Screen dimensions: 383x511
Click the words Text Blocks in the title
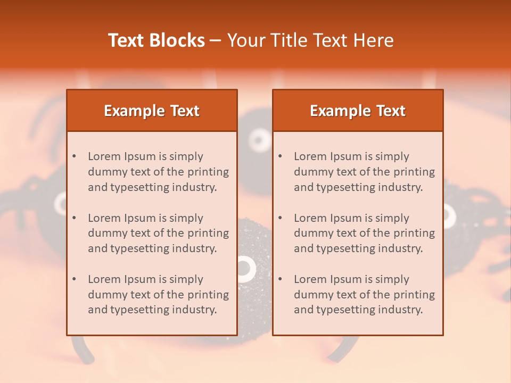[x=156, y=40]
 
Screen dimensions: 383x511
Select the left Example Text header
[x=152, y=111]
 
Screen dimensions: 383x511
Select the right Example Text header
[x=358, y=111]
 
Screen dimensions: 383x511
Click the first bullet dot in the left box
[x=75, y=156]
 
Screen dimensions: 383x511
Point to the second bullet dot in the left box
[x=75, y=218]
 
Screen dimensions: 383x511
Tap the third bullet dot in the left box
[x=75, y=279]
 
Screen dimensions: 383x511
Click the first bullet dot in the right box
[x=281, y=156]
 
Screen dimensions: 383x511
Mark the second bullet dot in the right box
[x=281, y=218]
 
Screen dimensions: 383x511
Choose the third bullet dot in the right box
[x=281, y=279]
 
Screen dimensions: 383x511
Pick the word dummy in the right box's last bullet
[x=311, y=295]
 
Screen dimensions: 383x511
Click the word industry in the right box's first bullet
[x=400, y=187]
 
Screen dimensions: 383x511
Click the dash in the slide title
[x=216, y=40]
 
